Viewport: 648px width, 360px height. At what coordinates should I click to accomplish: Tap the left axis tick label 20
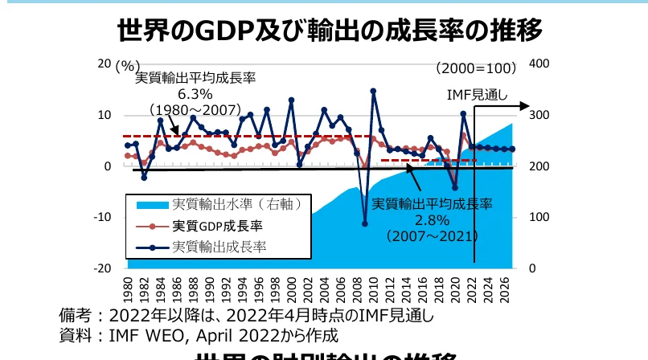point(104,64)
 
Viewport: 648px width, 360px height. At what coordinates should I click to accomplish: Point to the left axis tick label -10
point(101,217)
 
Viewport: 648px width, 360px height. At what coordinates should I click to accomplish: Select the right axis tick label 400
point(540,64)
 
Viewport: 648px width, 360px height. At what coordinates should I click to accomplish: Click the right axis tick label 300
point(540,116)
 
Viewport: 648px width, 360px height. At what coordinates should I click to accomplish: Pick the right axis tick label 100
point(540,218)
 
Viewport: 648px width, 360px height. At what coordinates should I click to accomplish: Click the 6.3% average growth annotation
point(195,93)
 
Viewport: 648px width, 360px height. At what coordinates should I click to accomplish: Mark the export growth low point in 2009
point(364,224)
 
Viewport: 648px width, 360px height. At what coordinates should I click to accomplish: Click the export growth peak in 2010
point(373,91)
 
